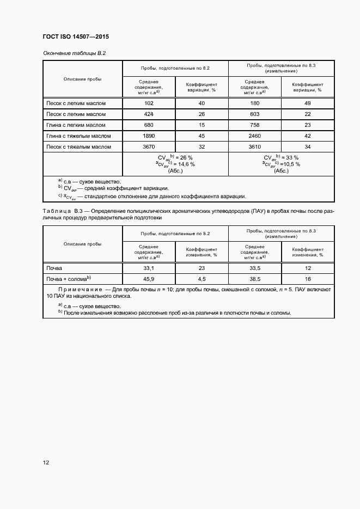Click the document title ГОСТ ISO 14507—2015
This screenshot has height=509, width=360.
(x=76, y=37)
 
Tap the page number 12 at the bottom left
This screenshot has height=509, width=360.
(x=46, y=463)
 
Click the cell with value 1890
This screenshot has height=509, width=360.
(x=149, y=136)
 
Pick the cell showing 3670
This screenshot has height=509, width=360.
(x=149, y=147)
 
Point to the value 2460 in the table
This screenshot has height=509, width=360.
(x=255, y=136)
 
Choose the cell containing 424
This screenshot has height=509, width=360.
(x=149, y=114)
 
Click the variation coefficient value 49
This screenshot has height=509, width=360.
(x=308, y=103)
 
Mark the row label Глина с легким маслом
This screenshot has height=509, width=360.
(x=76, y=125)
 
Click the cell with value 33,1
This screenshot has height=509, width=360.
(x=149, y=268)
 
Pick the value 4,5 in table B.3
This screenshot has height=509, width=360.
(x=202, y=279)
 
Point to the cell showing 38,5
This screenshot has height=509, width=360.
(x=255, y=279)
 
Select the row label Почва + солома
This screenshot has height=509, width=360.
(x=68, y=279)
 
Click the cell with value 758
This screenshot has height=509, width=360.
(x=255, y=125)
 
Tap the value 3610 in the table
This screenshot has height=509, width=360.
(x=255, y=147)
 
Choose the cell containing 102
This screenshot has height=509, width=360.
(x=149, y=103)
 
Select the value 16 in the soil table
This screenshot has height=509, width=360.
(x=308, y=279)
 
